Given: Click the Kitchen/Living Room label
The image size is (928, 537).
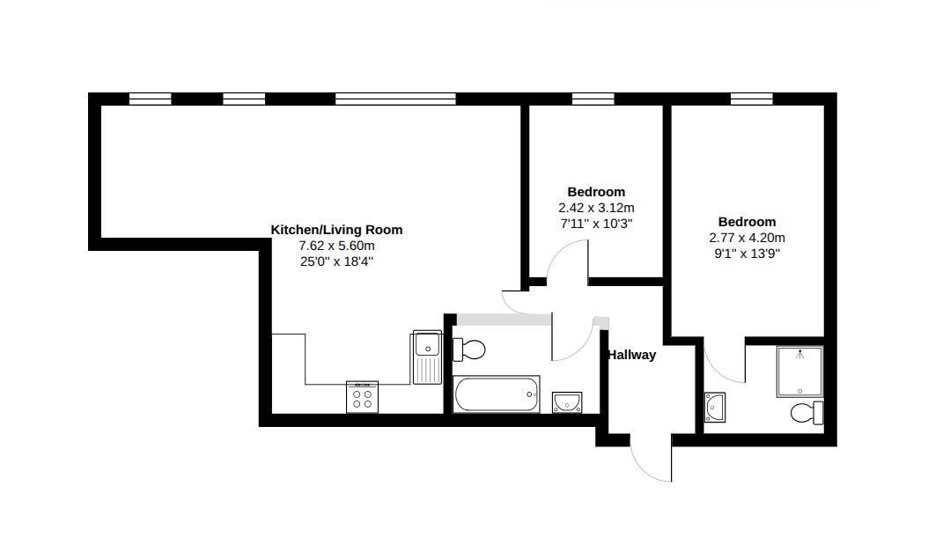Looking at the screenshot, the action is (336, 230).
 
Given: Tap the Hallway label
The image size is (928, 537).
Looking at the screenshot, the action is (632, 355).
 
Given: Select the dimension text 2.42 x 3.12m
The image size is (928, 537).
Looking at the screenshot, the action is (596, 208).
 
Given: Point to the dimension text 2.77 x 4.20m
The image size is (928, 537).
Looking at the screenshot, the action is (747, 238).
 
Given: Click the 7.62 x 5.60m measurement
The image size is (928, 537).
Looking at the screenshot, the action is (336, 246).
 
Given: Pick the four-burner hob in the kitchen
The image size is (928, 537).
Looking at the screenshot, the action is (362, 397).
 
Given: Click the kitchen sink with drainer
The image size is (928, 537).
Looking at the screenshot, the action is (427, 357).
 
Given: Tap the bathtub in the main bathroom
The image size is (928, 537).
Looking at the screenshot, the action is (497, 394).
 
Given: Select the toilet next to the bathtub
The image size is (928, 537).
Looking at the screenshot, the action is (468, 349).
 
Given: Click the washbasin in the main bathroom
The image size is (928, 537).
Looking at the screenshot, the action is (567, 402).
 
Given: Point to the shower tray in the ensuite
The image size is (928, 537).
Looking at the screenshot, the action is (800, 371).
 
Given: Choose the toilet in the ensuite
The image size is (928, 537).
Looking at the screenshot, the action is (806, 413).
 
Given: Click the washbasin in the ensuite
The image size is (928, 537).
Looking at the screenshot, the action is (715, 408).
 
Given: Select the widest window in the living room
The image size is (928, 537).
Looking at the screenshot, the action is (395, 99).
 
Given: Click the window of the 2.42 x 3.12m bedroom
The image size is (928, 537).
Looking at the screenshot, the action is (593, 99).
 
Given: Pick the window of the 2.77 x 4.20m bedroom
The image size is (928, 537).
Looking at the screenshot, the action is (752, 99).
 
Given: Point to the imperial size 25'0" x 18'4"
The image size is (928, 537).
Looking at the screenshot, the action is (336, 261).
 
